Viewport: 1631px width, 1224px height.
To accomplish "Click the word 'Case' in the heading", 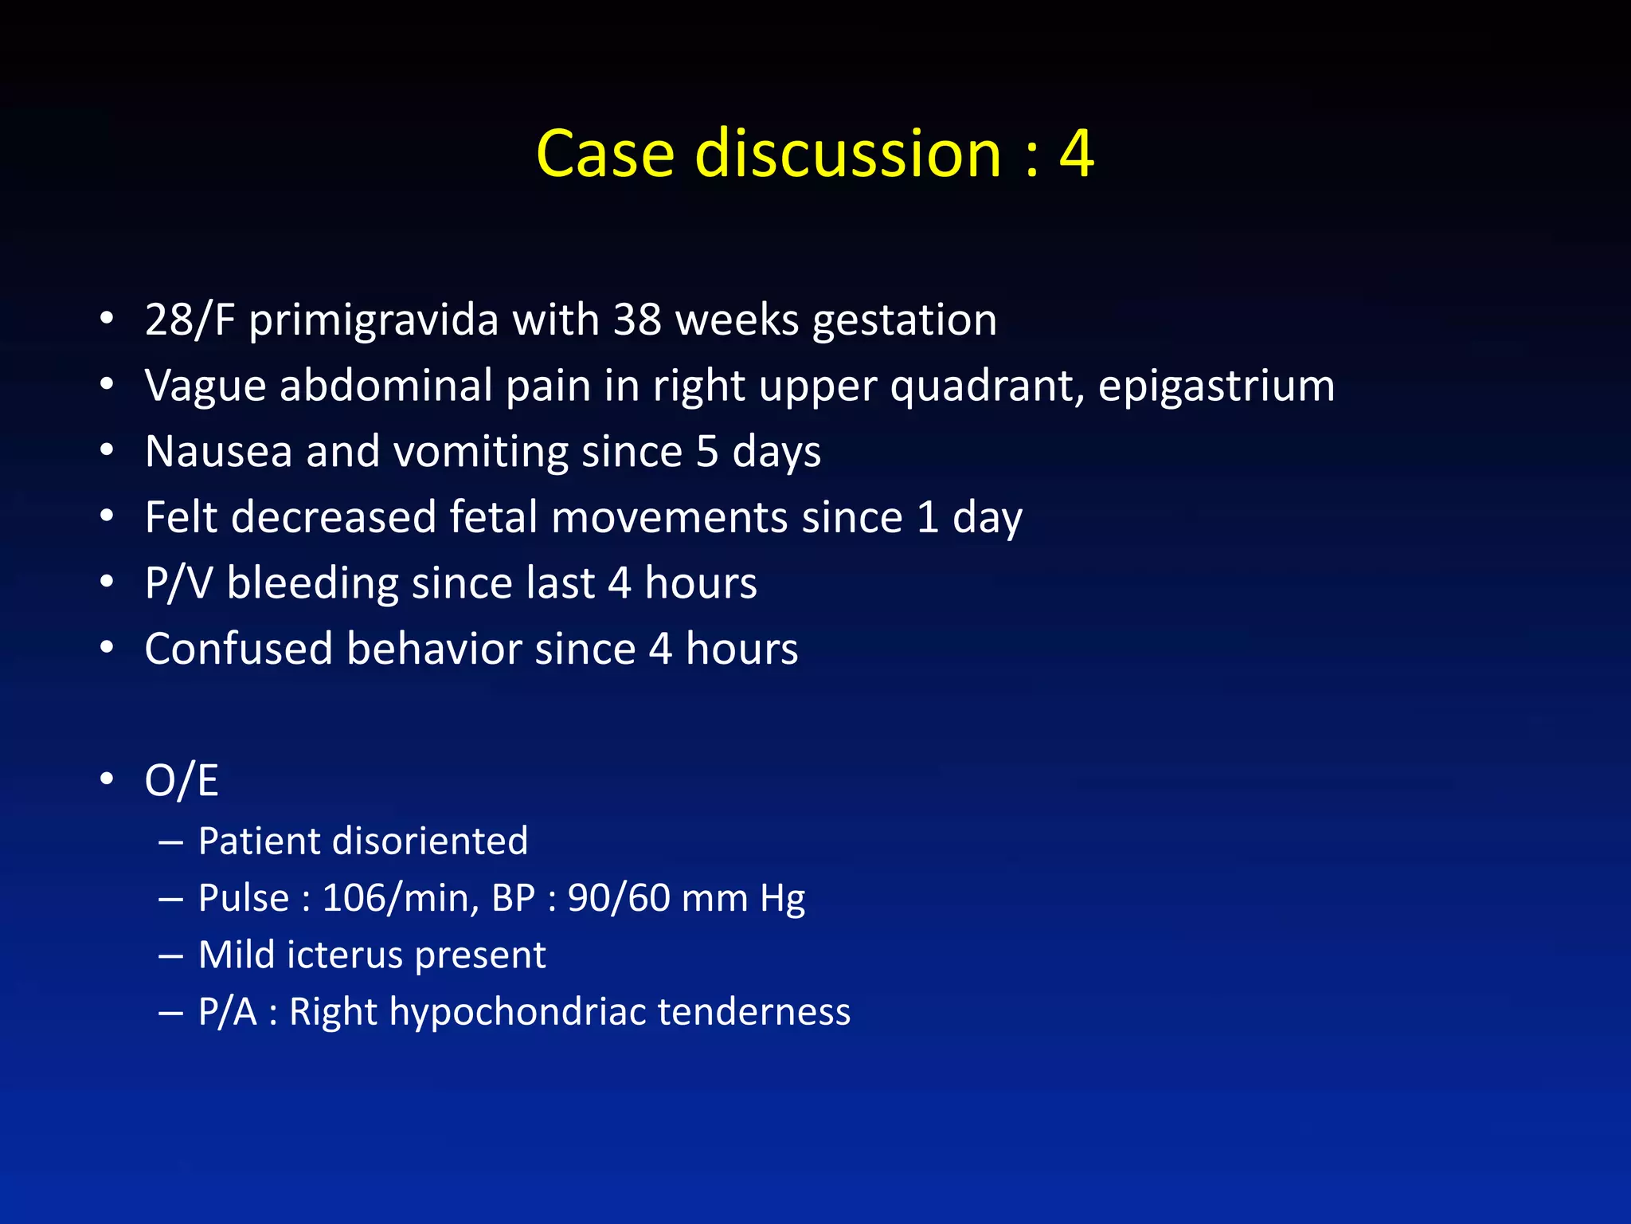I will pos(605,153).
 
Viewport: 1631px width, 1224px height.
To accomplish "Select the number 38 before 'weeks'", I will pos(637,320).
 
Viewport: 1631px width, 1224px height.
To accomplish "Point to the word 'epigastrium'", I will pos(1216,387).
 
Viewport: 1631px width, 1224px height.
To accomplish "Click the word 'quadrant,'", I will pos(987,387).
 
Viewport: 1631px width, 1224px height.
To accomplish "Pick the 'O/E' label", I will pos(182,780).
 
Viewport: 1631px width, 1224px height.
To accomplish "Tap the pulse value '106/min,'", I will pos(400,899).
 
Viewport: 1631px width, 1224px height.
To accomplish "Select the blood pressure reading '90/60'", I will pos(618,899).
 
